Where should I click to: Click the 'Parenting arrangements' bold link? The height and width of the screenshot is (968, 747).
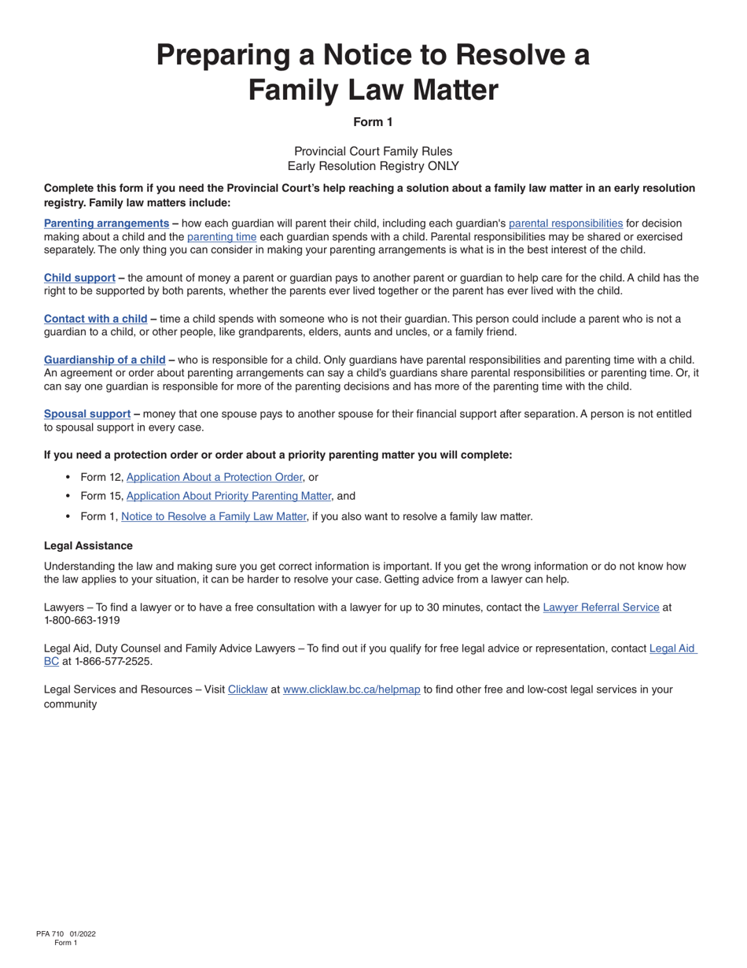[x=106, y=224]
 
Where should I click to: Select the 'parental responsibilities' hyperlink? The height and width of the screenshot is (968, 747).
[x=565, y=224]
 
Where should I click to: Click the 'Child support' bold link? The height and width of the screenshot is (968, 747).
[x=79, y=278]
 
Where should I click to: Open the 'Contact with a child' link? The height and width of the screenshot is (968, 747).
[x=95, y=319]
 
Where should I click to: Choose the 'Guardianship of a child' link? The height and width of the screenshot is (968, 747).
[x=105, y=360]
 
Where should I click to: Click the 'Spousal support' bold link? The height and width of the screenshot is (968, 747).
[x=87, y=414]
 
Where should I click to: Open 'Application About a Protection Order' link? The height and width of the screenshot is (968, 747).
[x=214, y=477]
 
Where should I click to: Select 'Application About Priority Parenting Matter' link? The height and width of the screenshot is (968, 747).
[x=228, y=497]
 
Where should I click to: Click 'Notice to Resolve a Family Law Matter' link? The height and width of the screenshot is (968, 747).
[x=213, y=517]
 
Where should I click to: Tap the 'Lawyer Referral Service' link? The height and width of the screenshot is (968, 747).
[x=601, y=608]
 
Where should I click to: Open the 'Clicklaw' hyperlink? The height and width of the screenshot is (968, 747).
[x=248, y=689]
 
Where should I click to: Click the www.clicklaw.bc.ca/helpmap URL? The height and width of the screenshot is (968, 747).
[x=351, y=689]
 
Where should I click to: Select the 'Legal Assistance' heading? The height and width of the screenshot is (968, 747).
[x=88, y=546]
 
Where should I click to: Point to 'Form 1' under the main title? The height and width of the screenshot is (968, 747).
[x=373, y=122]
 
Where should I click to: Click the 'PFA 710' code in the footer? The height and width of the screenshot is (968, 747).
[x=50, y=934]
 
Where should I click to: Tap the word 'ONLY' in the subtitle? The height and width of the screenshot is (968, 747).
[x=443, y=166]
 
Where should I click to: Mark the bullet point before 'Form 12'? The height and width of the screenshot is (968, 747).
[x=68, y=477]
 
